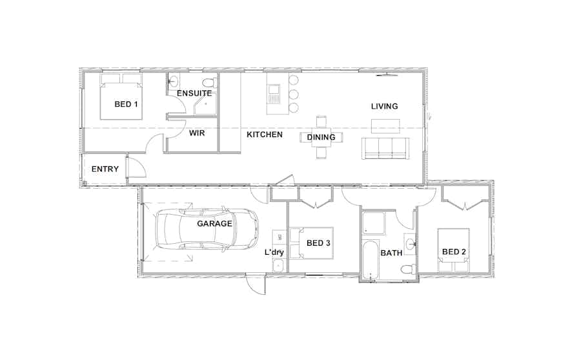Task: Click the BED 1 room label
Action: pyautogui.click(x=126, y=104)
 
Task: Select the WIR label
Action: pyautogui.click(x=198, y=134)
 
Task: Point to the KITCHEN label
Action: pyautogui.click(x=265, y=134)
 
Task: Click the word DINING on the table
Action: pyautogui.click(x=321, y=137)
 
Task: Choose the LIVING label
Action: pyautogui.click(x=384, y=106)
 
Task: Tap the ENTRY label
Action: pyautogui.click(x=105, y=169)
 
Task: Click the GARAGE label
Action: pyautogui.click(x=214, y=224)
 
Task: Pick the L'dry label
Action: pyautogui.click(x=274, y=252)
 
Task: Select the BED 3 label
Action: pyautogui.click(x=318, y=243)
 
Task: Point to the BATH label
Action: pyautogui.click(x=391, y=253)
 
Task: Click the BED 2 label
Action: pyautogui.click(x=454, y=252)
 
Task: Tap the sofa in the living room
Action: pyautogui.click(x=385, y=148)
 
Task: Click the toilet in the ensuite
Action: pyautogui.click(x=209, y=83)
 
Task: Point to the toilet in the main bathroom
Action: pyautogui.click(x=407, y=269)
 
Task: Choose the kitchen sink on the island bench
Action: pyautogui.click(x=272, y=89)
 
